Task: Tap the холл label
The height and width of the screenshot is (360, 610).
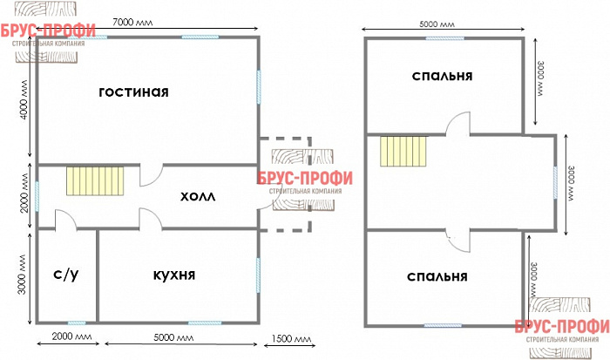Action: [198, 197]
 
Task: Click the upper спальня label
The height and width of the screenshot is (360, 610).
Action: [444, 76]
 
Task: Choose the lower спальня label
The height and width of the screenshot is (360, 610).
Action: [437, 276]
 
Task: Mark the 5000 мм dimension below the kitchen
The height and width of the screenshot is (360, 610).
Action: [173, 337]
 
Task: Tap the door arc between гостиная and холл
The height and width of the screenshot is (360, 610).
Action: [150, 175]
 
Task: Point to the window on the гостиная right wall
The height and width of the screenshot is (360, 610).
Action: [259, 86]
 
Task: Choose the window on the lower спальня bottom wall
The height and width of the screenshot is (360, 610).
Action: [442, 325]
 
